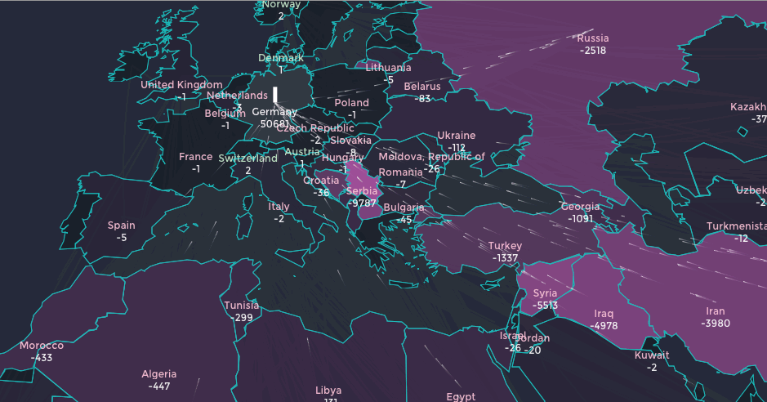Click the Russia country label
click(x=593, y=38)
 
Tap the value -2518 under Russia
click(x=593, y=51)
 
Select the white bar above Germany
click(x=275, y=94)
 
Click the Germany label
click(x=274, y=111)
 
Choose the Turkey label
click(x=505, y=246)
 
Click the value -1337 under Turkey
click(x=505, y=258)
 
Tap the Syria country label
click(x=545, y=293)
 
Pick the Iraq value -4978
click(x=604, y=326)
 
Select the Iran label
click(x=715, y=311)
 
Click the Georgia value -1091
click(x=580, y=219)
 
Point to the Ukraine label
click(x=456, y=136)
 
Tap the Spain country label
click(x=122, y=226)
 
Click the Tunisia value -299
click(x=242, y=318)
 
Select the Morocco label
click(x=41, y=346)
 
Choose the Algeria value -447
click(x=159, y=386)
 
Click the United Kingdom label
click(x=181, y=85)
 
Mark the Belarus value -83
click(x=422, y=99)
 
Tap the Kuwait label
click(x=652, y=355)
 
